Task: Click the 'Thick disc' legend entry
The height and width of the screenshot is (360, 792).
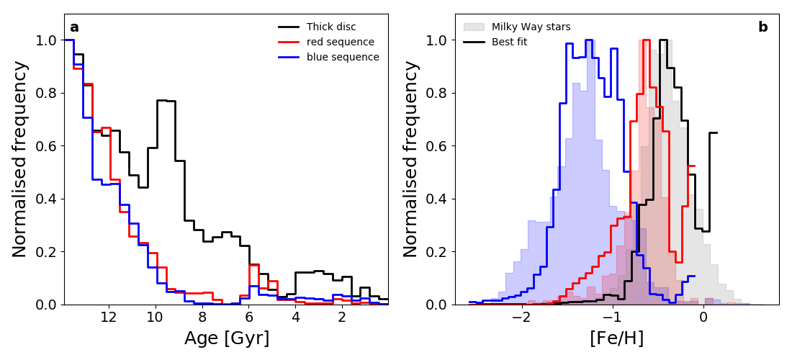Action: pyautogui.click(x=331, y=27)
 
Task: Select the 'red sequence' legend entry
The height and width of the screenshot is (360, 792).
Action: pyautogui.click(x=340, y=42)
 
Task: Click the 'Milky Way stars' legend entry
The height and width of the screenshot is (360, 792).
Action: pyautogui.click(x=531, y=27)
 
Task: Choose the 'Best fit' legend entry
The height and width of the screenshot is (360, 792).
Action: pyautogui.click(x=509, y=42)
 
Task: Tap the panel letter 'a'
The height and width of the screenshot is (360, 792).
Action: pyautogui.click(x=74, y=28)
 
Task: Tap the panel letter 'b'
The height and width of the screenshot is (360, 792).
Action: pyautogui.click(x=762, y=27)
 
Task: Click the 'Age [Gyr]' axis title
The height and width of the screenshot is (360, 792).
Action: pyautogui.click(x=227, y=338)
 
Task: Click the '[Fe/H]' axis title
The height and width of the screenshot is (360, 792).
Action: pyautogui.click(x=617, y=338)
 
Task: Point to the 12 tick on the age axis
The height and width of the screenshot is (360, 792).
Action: pyautogui.click(x=108, y=318)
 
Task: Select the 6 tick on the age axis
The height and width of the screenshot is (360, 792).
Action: pyautogui.click(x=248, y=318)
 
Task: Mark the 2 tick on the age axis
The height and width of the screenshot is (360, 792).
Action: pyautogui.click(x=342, y=318)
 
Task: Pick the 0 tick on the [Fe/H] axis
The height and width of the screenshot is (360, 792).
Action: pyautogui.click(x=703, y=318)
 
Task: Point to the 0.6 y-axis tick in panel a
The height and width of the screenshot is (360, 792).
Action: pyautogui.click(x=45, y=146)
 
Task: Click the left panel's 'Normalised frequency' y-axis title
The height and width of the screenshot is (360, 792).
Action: pyautogui.click(x=20, y=158)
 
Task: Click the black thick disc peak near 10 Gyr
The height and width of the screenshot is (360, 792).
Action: pyautogui.click(x=166, y=100)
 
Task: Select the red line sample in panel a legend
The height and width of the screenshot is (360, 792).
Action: pyautogui.click(x=289, y=42)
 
